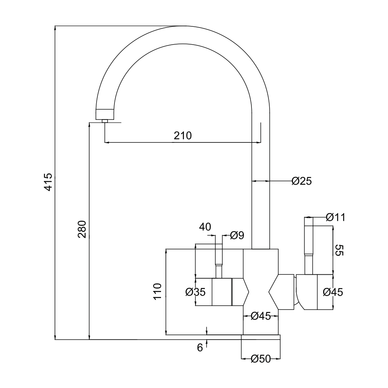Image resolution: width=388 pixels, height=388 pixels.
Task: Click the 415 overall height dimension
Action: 48,182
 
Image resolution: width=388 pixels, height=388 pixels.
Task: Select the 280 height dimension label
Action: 82,229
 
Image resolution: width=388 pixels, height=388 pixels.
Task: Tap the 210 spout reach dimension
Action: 183,135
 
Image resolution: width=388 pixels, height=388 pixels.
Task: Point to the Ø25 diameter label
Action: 301,181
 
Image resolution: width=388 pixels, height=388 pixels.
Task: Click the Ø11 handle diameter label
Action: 336,217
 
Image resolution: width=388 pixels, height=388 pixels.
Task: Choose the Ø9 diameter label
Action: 237,236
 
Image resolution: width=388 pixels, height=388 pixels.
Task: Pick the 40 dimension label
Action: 205,227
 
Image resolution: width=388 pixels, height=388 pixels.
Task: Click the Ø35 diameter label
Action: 196,292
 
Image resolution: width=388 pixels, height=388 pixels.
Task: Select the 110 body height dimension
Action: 158,292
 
